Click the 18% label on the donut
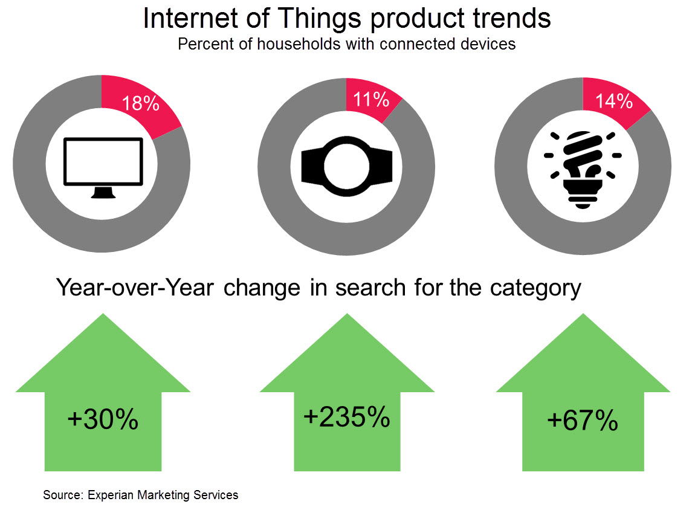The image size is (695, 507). pyautogui.click(x=140, y=104)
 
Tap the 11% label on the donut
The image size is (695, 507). pyautogui.click(x=371, y=98)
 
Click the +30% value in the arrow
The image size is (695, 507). pyautogui.click(x=103, y=419)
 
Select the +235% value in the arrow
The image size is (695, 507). pyautogui.click(x=346, y=417)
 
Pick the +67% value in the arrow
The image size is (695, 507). pyautogui.click(x=582, y=421)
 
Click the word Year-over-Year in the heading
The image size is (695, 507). pyautogui.click(x=135, y=288)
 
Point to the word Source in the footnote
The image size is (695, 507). pyautogui.click(x=62, y=495)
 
